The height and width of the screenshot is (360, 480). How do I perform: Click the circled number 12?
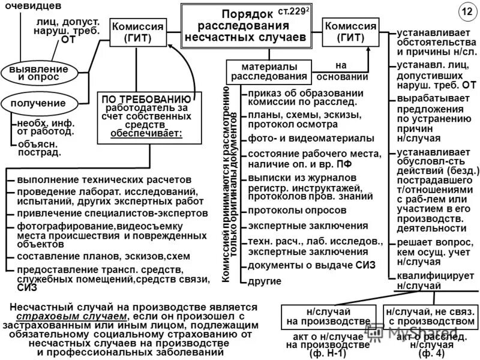pyautogui.click(x=467, y=12)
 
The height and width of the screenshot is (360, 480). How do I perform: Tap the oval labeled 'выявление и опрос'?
pyautogui.click(x=38, y=73)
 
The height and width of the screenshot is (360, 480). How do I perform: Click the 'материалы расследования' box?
pyautogui.click(x=269, y=71)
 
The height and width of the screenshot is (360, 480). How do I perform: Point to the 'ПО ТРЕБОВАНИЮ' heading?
pyautogui.click(x=146, y=98)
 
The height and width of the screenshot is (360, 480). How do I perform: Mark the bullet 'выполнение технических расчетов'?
pyautogui.click(x=104, y=179)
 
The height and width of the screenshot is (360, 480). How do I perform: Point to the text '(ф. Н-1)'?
pyautogui.click(x=328, y=353)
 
